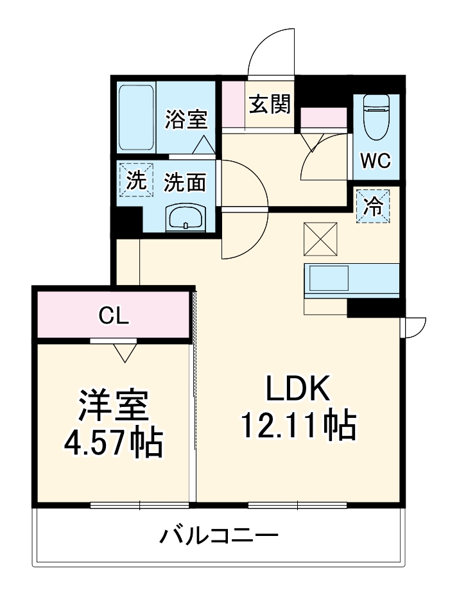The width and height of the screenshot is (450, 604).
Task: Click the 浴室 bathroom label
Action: click(x=186, y=120)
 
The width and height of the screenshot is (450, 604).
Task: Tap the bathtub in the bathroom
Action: click(x=136, y=117)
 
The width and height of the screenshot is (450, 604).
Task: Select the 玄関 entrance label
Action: click(x=270, y=104)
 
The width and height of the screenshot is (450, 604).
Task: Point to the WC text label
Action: click(x=375, y=160)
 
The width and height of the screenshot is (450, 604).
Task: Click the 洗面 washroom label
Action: click(x=185, y=183)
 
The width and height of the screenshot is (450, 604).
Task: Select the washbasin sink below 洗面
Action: click(x=186, y=218)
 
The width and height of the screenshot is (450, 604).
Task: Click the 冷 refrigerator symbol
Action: click(x=372, y=206)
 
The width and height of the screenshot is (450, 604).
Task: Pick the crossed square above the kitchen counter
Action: click(x=320, y=238)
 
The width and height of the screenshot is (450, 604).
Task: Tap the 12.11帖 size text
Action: click(x=298, y=425)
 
